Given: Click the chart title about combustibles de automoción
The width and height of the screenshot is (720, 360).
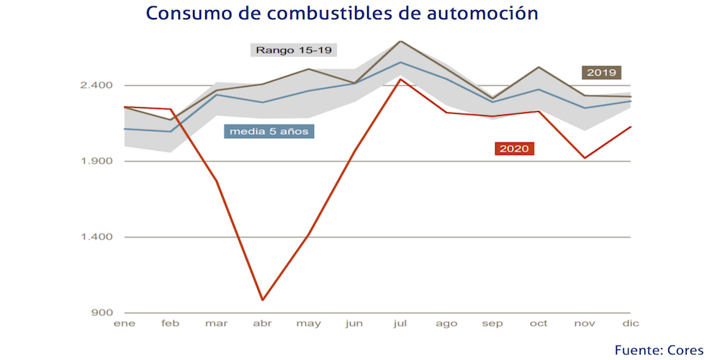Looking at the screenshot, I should (342, 14).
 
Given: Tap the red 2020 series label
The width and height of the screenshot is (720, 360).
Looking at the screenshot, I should (514, 148).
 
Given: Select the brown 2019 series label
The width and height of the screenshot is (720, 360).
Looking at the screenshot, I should (601, 72).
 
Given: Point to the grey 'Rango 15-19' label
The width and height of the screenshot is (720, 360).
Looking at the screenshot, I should (295, 50).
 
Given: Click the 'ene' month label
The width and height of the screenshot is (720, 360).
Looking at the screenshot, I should (125, 324).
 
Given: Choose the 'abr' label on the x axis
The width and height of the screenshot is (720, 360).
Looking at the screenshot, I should (262, 324).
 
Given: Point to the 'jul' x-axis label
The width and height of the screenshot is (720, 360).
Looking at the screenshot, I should (400, 324).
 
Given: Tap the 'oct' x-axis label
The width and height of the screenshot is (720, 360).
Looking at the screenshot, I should (539, 324).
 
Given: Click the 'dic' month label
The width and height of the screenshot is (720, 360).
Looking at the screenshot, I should (631, 324).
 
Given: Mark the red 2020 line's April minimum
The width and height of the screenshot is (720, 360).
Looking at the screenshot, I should (263, 300).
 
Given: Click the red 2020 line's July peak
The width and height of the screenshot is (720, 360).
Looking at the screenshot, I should (400, 79).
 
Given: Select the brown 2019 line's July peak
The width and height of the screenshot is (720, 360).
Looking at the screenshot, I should (400, 41).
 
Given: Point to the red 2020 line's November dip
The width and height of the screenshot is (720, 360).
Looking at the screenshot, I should (585, 158).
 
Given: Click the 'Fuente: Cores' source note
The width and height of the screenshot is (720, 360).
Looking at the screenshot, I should (659, 349).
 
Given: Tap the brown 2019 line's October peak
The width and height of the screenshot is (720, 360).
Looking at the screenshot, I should (539, 67).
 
